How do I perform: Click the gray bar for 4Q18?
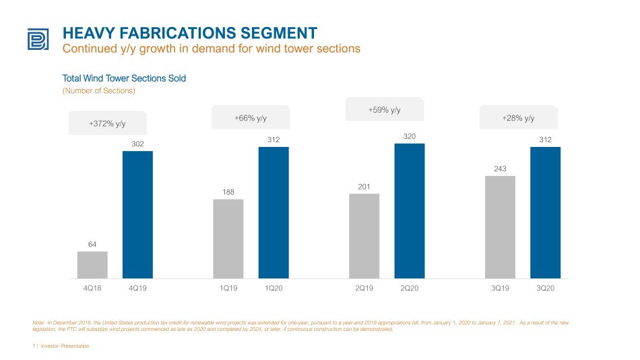coord(92,265)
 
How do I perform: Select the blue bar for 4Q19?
coord(137,215)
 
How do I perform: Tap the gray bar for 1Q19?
coord(228,239)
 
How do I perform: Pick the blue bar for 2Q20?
coord(410,211)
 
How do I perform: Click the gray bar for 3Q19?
coord(500,227)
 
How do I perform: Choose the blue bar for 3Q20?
coord(545,213)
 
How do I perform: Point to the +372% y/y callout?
coord(107,123)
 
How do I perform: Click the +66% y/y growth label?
coord(251,118)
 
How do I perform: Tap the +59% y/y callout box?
coord(385,109)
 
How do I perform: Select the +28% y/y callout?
coord(518,118)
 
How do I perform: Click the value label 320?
coord(410,136)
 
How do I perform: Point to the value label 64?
coord(92,244)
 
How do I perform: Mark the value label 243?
coord(500,169)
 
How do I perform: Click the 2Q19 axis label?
coord(364,288)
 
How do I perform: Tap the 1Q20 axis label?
coord(274,288)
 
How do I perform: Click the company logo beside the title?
coord(38,39)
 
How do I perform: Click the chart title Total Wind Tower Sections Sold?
coord(124,78)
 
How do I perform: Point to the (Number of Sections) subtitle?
coord(99,91)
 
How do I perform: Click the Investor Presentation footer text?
coord(65,346)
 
